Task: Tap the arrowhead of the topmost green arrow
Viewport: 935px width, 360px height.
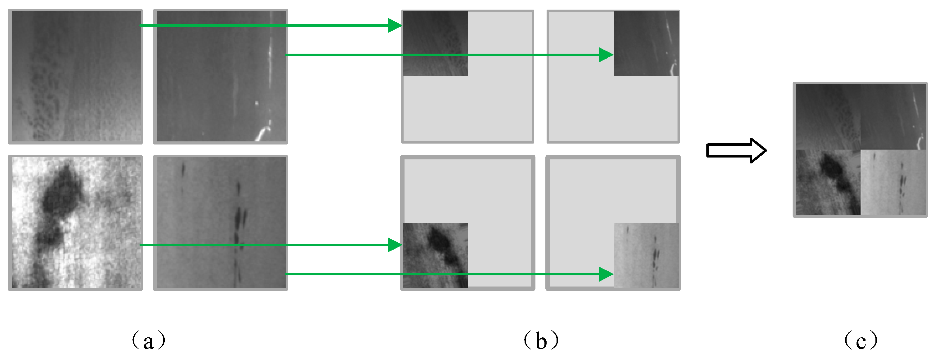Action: (395, 25)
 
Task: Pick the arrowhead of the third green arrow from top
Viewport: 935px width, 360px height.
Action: (395, 245)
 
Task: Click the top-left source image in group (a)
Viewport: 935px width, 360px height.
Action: (75, 76)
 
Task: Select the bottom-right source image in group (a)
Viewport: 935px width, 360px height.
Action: (221, 222)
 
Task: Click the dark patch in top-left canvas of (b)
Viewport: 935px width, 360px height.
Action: (435, 43)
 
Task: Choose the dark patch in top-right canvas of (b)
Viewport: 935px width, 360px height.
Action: (646, 43)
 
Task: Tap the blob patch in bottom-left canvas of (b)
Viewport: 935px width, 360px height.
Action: (435, 256)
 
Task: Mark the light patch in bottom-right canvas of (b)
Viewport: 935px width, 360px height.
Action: (646, 256)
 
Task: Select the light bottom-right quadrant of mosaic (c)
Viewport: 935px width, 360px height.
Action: (893, 182)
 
